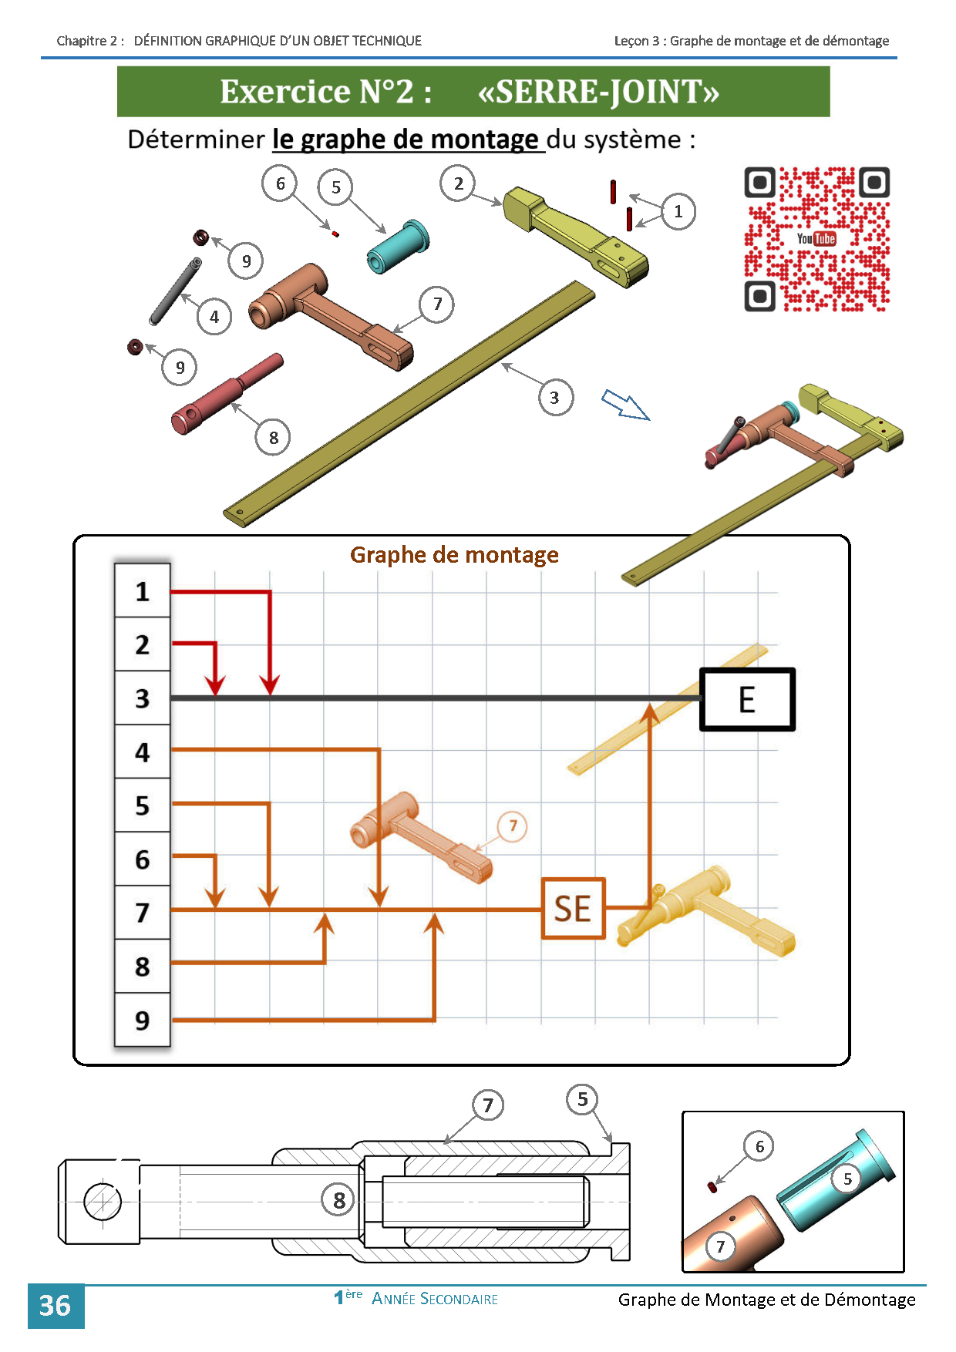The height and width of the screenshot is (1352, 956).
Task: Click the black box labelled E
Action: tap(747, 699)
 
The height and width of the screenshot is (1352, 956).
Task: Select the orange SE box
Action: tap(573, 909)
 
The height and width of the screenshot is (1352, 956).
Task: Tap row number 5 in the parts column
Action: tap(143, 805)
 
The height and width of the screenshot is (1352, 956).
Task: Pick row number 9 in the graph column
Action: tap(143, 1020)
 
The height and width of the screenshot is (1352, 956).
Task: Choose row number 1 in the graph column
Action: tap(143, 591)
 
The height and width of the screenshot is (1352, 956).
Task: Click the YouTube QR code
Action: tap(817, 239)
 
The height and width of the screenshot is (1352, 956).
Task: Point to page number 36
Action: tap(56, 1306)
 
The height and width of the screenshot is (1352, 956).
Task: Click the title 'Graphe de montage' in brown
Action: tap(454, 555)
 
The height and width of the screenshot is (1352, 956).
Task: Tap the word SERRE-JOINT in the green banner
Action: tap(599, 92)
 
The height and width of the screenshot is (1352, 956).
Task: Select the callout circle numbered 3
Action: tap(555, 398)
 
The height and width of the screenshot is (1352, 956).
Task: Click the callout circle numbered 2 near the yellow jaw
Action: tap(459, 183)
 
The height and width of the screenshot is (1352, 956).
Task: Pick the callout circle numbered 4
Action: tap(214, 317)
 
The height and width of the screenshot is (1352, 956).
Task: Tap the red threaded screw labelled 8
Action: tap(227, 394)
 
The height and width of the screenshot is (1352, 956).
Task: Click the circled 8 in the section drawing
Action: tap(339, 1200)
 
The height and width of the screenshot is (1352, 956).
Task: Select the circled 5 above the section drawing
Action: tap(583, 1099)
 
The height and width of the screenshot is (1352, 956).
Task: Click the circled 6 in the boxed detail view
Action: tap(759, 1146)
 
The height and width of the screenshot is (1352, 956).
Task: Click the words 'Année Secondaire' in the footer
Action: tap(435, 1299)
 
